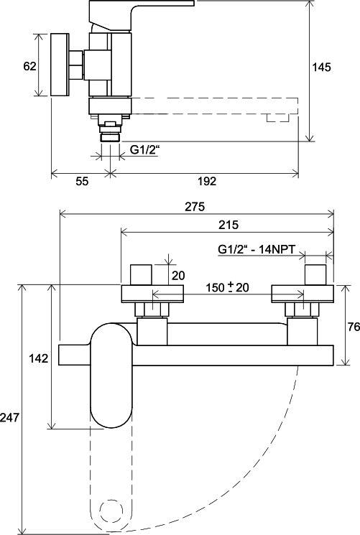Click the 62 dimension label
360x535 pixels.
coord(29,66)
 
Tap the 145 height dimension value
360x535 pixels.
coord(322,68)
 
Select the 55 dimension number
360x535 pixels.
coord(82,181)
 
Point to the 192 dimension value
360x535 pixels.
coord(207,181)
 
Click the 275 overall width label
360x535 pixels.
coord(195,206)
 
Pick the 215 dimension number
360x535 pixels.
coord(229,225)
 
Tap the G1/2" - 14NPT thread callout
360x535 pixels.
coord(257,248)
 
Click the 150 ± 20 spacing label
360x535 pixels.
coord(228,287)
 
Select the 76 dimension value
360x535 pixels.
coord(354,327)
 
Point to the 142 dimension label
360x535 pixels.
coord(39,358)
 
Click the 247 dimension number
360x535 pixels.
coord(9,417)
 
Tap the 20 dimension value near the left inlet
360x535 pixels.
coord(178,275)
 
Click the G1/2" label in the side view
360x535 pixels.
coord(145,150)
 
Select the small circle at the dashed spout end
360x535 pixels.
coord(111,511)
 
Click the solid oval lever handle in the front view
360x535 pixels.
coord(111,376)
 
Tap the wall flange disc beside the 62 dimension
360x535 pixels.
coord(60,65)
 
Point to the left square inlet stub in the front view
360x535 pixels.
coord(141,274)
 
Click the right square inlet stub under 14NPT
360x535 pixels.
coord(315,274)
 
